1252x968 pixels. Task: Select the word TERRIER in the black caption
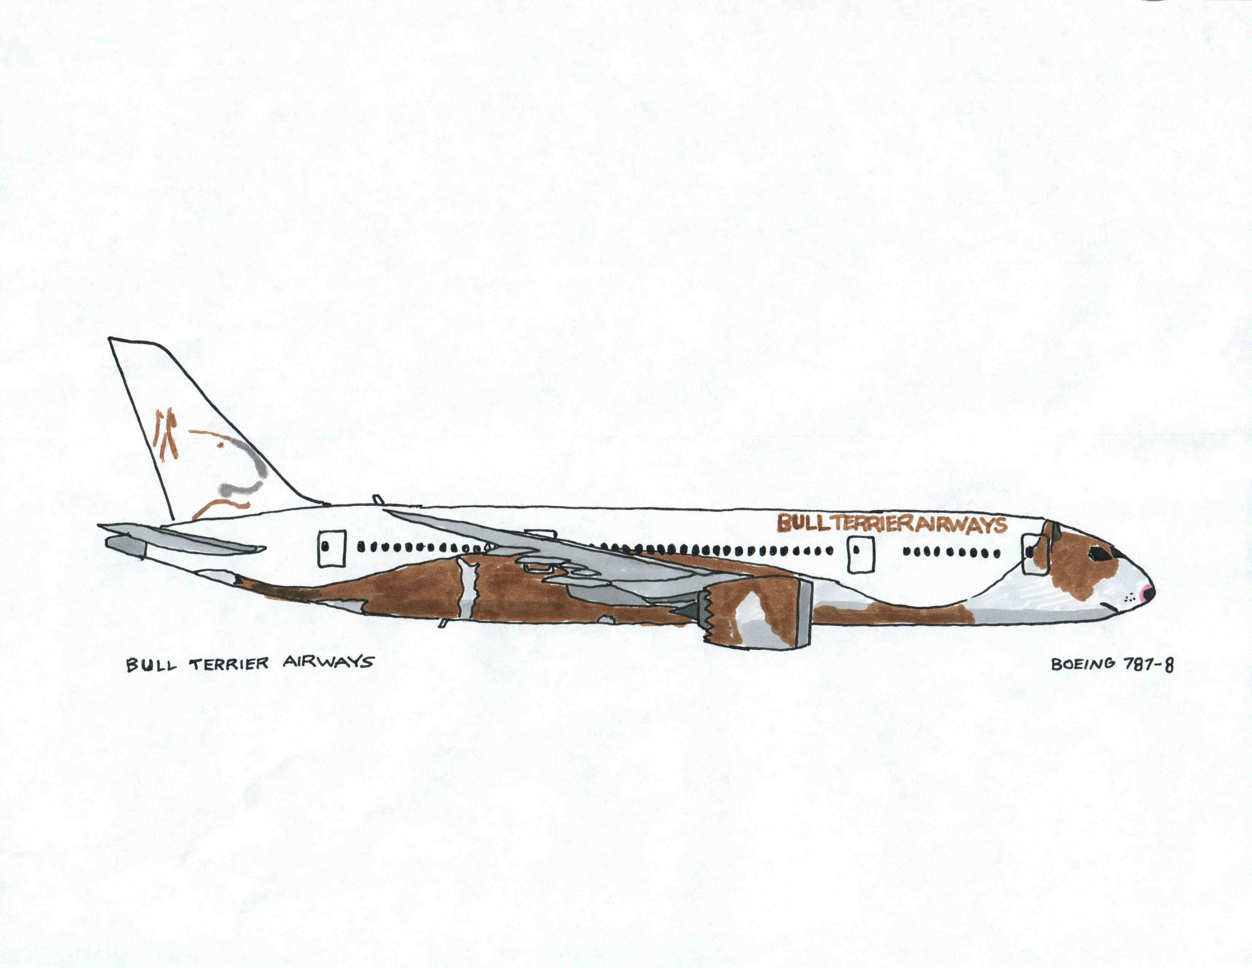pos(229,664)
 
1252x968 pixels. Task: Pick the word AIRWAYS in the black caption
pos(328,662)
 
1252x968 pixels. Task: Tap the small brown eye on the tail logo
pos(220,444)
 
